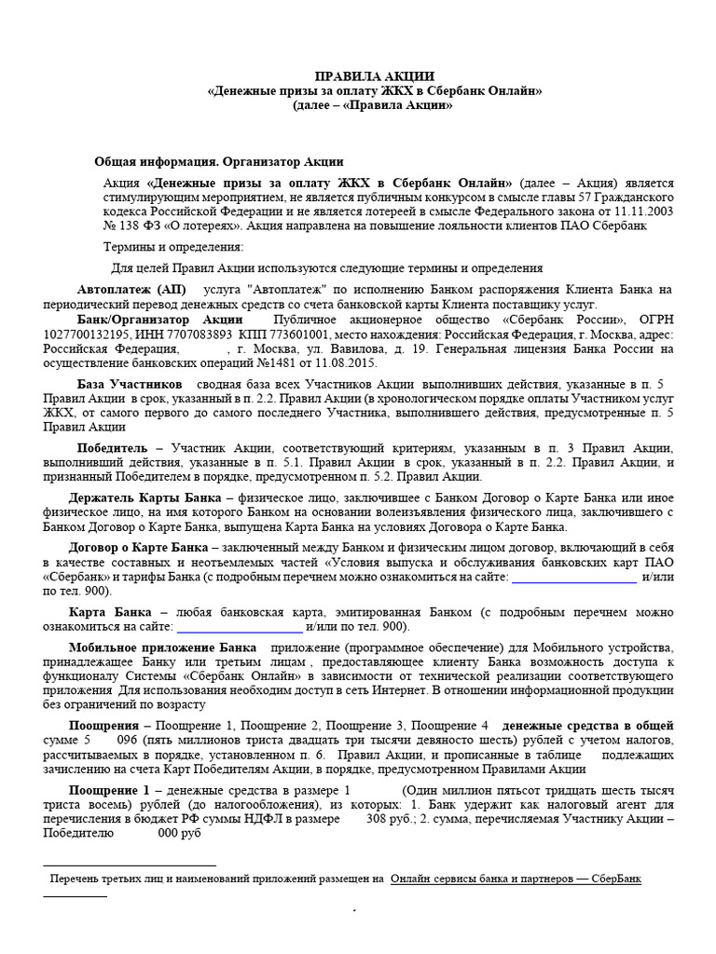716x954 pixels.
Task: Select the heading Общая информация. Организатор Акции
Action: click(x=219, y=161)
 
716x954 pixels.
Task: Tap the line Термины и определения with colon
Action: click(x=173, y=247)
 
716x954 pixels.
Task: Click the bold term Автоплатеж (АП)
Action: click(x=130, y=290)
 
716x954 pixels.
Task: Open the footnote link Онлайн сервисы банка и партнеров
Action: click(x=516, y=879)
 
